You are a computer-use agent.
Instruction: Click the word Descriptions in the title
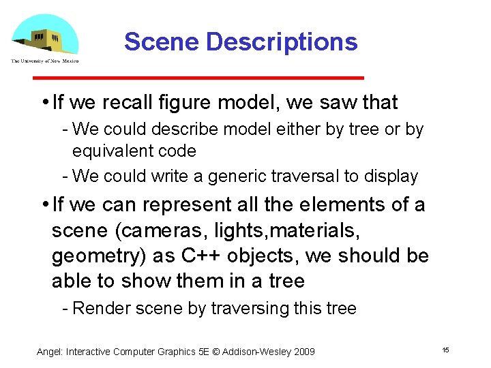tap(282, 42)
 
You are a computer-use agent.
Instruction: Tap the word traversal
tap(303, 176)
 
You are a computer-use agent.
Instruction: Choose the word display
tap(391, 176)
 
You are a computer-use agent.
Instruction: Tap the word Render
tap(102, 308)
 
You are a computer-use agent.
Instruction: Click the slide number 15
tap(445, 350)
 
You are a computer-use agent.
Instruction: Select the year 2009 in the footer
tap(303, 352)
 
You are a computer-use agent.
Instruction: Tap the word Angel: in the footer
tap(49, 352)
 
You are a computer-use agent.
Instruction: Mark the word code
tap(178, 151)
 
